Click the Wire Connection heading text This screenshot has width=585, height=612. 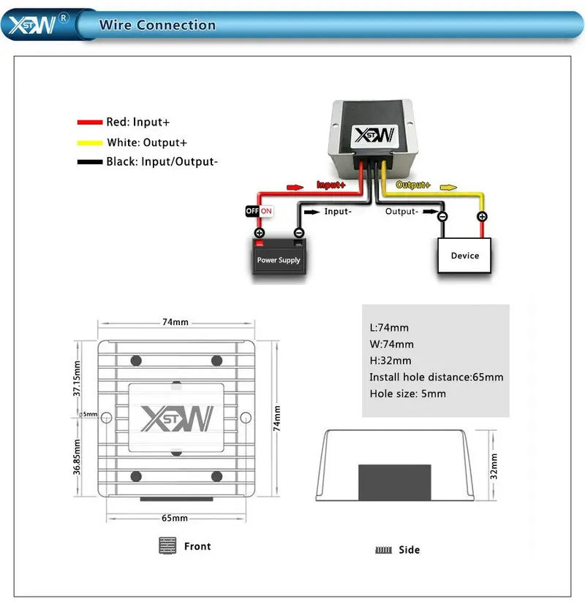click(x=157, y=25)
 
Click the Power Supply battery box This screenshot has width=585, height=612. click(x=279, y=256)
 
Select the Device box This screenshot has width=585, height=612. click(x=464, y=256)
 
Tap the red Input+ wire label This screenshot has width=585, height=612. click(x=331, y=185)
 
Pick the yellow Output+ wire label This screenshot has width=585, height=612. click(x=413, y=185)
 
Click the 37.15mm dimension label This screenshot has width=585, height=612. click(x=77, y=378)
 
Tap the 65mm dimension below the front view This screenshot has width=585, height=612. click(x=174, y=518)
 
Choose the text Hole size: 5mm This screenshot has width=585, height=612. click(x=407, y=394)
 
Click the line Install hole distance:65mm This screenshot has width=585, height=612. click(x=436, y=377)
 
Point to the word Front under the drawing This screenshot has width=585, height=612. click(x=197, y=546)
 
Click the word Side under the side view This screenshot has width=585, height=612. click(x=409, y=550)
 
